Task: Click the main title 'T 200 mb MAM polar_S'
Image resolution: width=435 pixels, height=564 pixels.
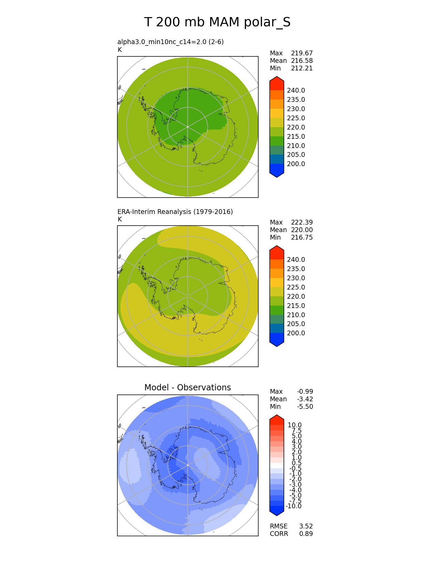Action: (217, 23)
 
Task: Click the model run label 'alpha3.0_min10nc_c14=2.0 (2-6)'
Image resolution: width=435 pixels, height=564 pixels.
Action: (171, 42)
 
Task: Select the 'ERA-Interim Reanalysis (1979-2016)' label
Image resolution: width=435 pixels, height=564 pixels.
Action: (175, 212)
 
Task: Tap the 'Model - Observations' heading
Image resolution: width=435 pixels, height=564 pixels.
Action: (187, 387)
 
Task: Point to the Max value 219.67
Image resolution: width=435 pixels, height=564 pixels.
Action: (302, 53)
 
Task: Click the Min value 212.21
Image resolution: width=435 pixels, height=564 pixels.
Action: (302, 68)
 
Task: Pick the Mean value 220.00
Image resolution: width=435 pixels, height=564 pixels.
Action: (302, 230)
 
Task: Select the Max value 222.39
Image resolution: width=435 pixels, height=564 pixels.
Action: (302, 223)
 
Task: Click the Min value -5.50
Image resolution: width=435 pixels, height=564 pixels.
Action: (305, 407)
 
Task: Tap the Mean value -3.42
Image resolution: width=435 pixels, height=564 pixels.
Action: (305, 399)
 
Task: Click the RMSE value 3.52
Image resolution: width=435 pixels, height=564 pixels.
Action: (306, 526)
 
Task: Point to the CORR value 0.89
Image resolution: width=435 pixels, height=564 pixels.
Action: (306, 534)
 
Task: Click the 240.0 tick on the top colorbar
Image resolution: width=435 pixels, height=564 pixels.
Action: (296, 91)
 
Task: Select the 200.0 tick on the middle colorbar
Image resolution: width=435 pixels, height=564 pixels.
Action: (296, 333)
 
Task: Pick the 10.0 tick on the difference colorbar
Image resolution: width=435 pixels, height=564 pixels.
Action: (294, 425)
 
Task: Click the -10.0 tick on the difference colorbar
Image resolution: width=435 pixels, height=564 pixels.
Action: (293, 506)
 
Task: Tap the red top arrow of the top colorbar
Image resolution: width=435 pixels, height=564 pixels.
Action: (277, 82)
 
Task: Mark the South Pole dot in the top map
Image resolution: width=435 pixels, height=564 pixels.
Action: (188, 127)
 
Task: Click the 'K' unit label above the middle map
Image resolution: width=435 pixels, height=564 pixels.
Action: (120, 219)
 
